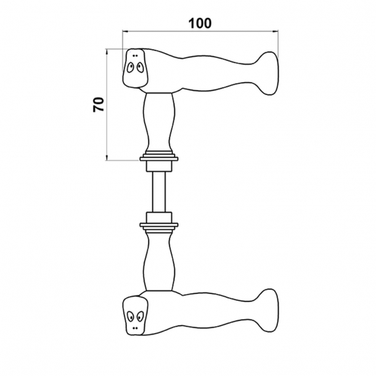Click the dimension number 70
(98, 103)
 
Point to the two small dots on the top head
(134, 55)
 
